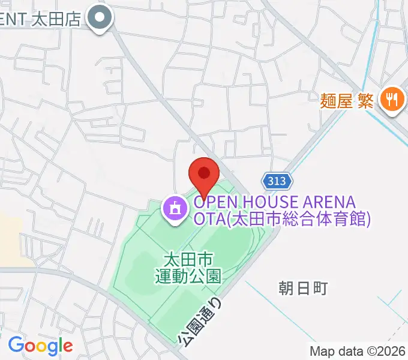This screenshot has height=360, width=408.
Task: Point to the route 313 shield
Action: pyautogui.click(x=277, y=181)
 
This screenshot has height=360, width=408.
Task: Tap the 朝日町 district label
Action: pyautogui.click(x=303, y=289)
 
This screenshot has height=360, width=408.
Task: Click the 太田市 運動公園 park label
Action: pyautogui.click(x=188, y=268)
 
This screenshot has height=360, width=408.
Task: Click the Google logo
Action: pyautogui.click(x=40, y=346)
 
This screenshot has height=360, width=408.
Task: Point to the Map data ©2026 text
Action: pyautogui.click(x=358, y=351)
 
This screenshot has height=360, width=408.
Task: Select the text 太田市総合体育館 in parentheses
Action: pyautogui.click(x=298, y=220)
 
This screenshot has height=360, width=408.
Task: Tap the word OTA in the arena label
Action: pyautogui.click(x=209, y=220)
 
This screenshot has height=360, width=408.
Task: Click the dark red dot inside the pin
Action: pyautogui.click(x=204, y=173)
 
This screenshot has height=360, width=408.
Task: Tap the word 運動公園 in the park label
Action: pyautogui.click(x=188, y=276)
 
